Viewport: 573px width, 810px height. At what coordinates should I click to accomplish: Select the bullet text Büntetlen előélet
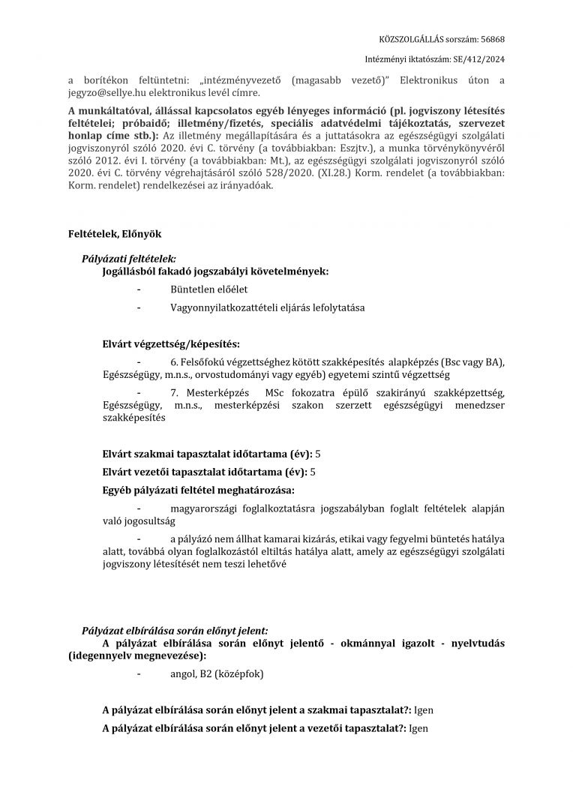point(209,289)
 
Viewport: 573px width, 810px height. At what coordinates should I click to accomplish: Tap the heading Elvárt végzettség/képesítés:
point(171,345)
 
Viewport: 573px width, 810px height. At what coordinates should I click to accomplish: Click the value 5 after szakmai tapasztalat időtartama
point(318,454)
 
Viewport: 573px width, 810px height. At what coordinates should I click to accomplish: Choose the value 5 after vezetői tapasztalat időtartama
point(313,472)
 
